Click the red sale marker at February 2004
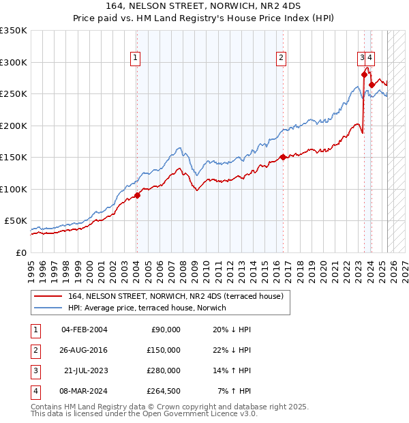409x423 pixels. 137,195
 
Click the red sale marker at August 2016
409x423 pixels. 283,157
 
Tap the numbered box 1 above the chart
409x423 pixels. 136,59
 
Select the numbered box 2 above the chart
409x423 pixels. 281,59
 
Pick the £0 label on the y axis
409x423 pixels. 21,252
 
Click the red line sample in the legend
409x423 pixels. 48,295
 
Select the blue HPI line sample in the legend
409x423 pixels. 48,308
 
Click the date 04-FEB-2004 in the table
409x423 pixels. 84,330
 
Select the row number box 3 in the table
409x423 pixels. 35,370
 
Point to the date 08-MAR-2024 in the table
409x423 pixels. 84,391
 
